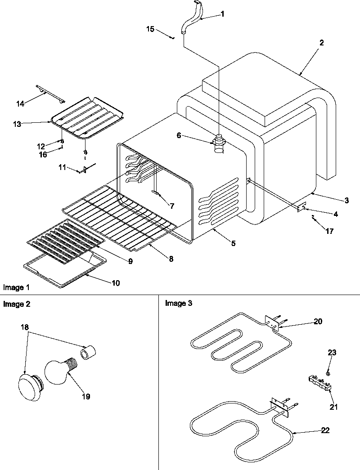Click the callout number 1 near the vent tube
[x=222, y=14]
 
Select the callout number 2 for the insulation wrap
[x=321, y=43]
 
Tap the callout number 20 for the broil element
[x=318, y=322]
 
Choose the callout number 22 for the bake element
[x=325, y=430]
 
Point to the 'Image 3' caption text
[x=179, y=304]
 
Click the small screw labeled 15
[x=172, y=38]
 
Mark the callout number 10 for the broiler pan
[x=116, y=283]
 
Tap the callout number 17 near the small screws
[x=329, y=232]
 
